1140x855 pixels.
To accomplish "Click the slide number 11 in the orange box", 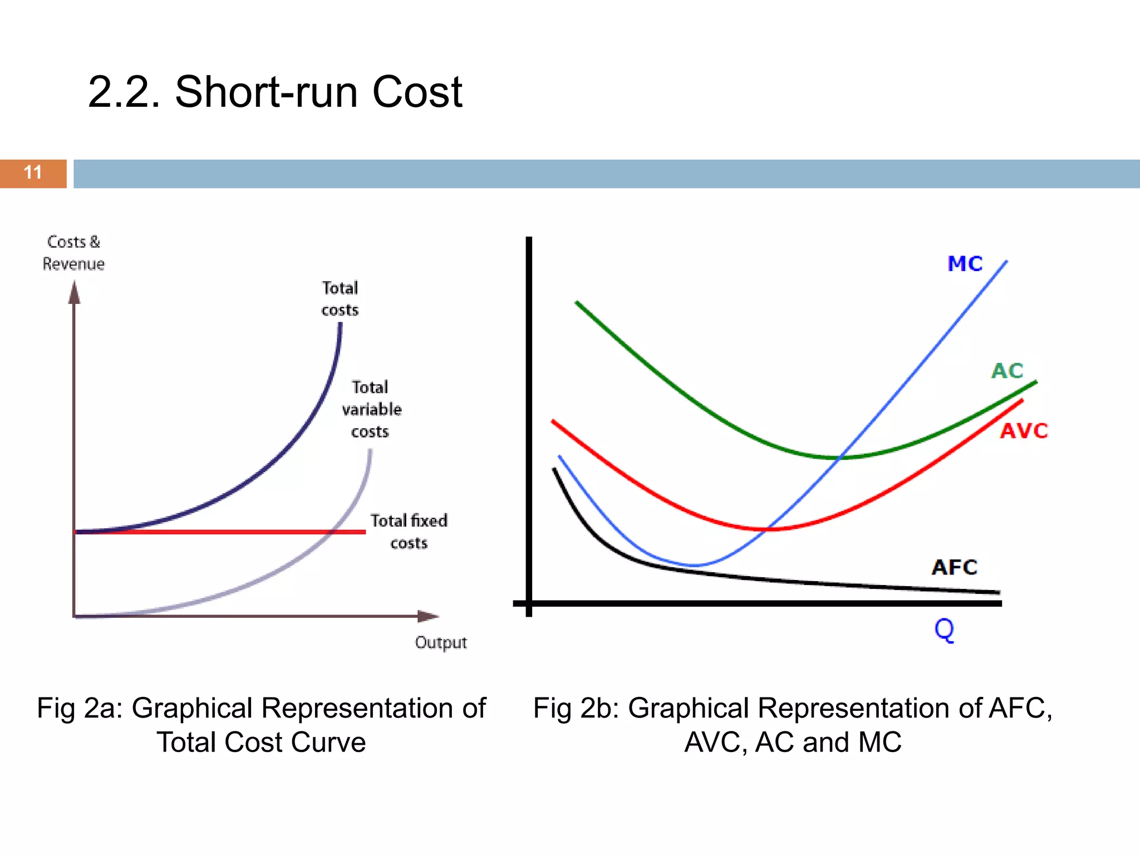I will (33, 173).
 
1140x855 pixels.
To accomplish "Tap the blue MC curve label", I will (965, 264).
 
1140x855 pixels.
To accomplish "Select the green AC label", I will (1007, 371).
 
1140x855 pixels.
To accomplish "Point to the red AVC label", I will (1023, 431).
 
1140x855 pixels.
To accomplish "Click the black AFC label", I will (954, 567).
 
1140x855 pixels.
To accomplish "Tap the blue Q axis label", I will (944, 630).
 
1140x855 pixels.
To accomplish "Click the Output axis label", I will (440, 643).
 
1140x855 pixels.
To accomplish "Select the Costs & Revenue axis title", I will (73, 253).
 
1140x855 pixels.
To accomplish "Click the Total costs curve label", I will (340, 299).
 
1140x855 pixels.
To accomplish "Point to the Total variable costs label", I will (371, 409).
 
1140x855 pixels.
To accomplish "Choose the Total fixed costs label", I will (409, 532).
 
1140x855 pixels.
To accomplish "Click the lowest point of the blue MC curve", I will (694, 566).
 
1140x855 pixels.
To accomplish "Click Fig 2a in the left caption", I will (79, 709).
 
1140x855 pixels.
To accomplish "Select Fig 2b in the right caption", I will (576, 709).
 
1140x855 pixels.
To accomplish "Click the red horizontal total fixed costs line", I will (223, 532).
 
